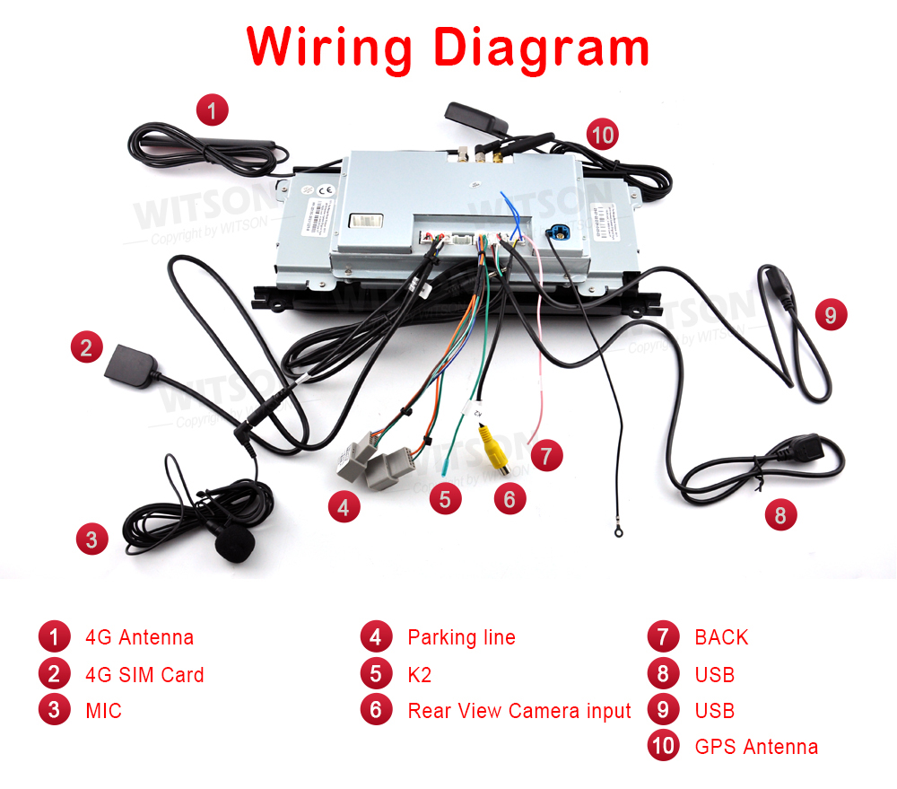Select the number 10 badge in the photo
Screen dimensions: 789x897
tap(603, 136)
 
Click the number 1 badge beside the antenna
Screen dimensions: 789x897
tap(212, 111)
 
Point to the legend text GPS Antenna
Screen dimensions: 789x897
tap(756, 747)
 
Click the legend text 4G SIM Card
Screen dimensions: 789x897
tap(144, 675)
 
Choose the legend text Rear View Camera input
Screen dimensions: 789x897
tap(519, 711)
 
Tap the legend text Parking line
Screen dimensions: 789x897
tap(461, 637)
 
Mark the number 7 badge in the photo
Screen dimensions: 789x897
tap(545, 455)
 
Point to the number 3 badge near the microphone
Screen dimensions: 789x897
tap(91, 539)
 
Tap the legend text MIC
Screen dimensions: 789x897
tap(103, 711)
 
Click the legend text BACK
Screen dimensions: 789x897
tap(721, 637)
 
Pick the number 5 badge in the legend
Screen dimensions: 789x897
tap(376, 673)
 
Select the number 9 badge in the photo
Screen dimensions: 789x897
tap(831, 315)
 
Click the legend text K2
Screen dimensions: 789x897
tap(420, 674)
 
